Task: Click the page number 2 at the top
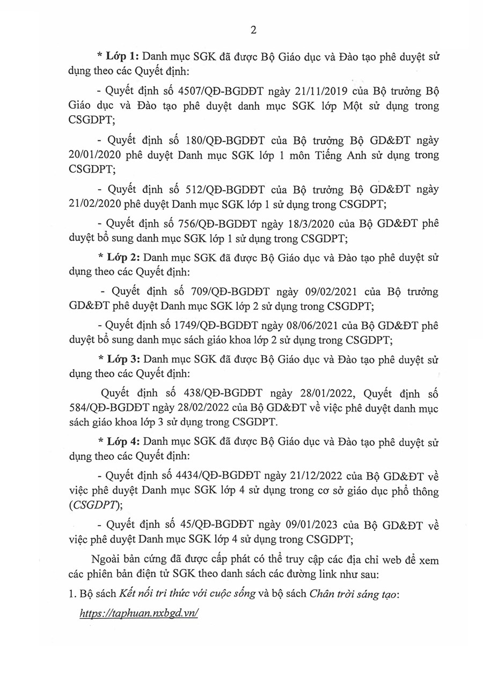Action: point(252,30)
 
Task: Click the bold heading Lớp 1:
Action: point(122,56)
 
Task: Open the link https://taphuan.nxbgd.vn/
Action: point(139,614)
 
